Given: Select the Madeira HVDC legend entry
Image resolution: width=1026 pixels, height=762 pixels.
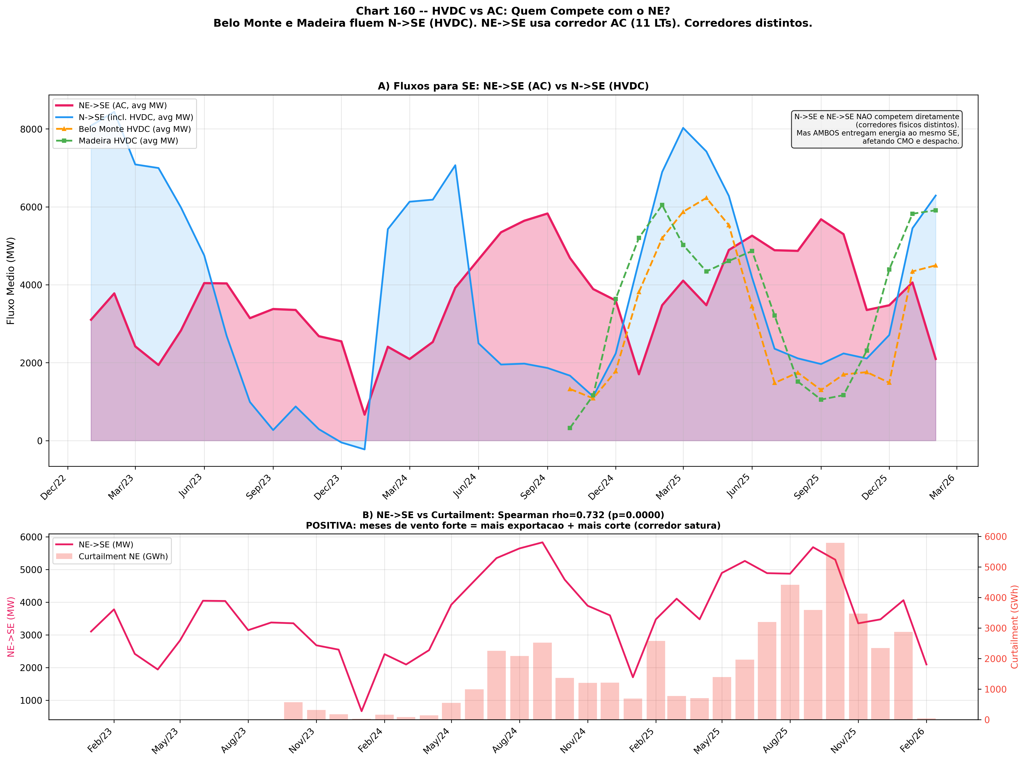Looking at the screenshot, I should click(128, 141).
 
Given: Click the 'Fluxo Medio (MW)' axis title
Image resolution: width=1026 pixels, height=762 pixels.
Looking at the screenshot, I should click(11, 280).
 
